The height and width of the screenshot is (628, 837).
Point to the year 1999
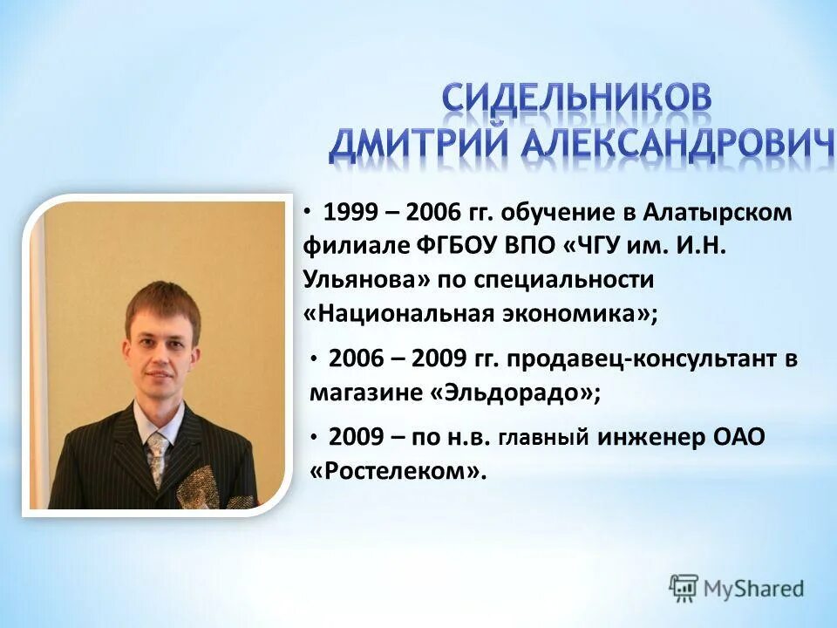point(350,214)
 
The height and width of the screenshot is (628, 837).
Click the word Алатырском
point(718,214)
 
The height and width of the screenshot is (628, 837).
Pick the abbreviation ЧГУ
point(610,247)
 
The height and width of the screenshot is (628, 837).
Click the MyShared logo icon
point(684,587)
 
